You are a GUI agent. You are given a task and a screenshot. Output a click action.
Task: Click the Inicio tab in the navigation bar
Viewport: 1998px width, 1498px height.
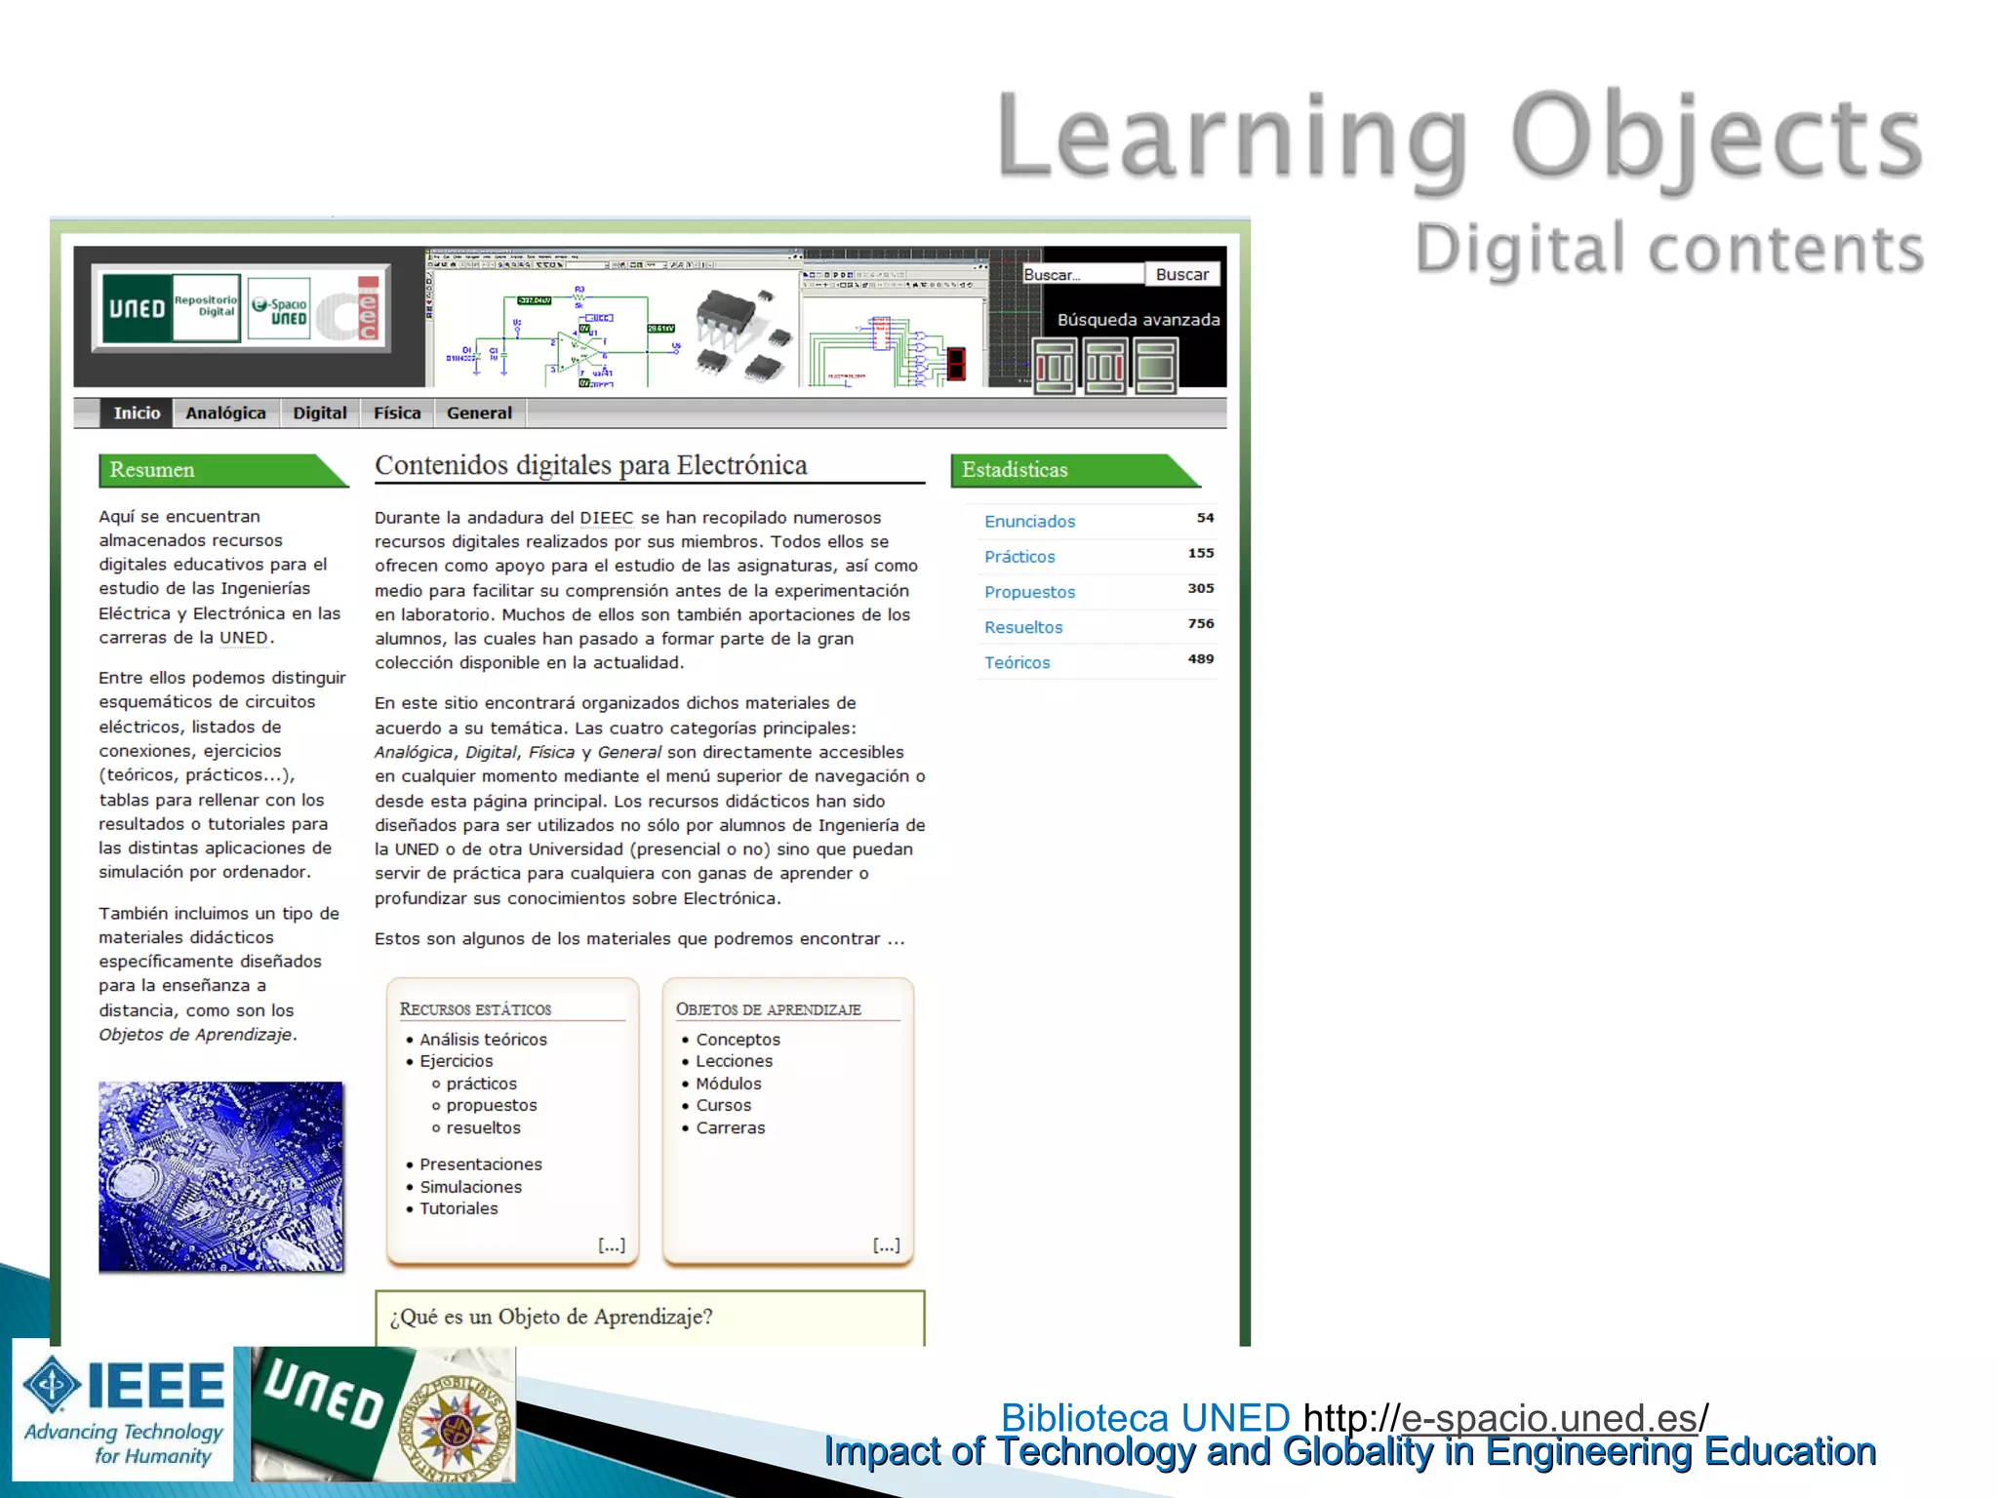click(137, 414)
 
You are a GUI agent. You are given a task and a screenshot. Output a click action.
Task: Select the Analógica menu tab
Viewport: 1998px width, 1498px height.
click(225, 414)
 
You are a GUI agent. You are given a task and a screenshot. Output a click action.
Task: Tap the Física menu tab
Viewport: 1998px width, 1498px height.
click(397, 414)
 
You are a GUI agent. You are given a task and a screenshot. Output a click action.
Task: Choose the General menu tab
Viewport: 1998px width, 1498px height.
click(479, 414)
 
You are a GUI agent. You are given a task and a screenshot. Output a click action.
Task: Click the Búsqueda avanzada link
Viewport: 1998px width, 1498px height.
click(1138, 320)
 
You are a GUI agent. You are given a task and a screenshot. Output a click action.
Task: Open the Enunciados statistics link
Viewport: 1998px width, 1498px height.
click(1029, 522)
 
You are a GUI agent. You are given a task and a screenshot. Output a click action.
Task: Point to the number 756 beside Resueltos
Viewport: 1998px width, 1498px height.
click(1201, 624)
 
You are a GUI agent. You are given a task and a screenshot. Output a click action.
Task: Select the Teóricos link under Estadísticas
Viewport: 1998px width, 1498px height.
click(1017, 663)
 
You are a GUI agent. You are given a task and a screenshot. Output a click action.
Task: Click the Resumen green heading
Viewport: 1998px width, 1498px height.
click(152, 470)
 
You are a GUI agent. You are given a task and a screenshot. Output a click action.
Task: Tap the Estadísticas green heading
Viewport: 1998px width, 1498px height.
click(1015, 470)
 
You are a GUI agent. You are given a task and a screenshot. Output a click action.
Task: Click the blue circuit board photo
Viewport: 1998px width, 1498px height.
click(220, 1176)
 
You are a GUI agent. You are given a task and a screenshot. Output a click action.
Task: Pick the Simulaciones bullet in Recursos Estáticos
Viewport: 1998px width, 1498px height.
click(470, 1187)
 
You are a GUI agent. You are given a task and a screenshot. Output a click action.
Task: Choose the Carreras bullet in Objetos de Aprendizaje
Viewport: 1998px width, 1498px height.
click(730, 1128)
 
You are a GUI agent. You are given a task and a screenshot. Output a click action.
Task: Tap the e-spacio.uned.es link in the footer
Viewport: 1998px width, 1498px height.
click(1549, 1418)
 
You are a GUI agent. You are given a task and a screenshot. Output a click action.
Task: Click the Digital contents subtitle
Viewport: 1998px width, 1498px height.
click(1669, 249)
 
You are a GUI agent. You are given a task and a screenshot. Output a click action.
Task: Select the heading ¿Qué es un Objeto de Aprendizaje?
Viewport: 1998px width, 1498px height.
click(551, 1318)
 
